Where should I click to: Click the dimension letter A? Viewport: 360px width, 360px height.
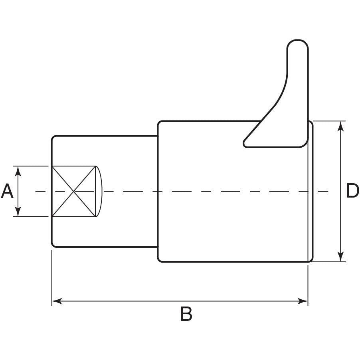pyautogui.click(x=7, y=192)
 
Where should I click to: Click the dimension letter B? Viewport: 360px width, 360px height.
pyautogui.click(x=186, y=315)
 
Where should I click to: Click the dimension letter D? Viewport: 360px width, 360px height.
pyautogui.click(x=352, y=192)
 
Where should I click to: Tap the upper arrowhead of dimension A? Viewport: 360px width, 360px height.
pyautogui.click(x=18, y=170)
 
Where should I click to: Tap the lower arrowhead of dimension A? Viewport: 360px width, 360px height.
pyautogui.click(x=18, y=213)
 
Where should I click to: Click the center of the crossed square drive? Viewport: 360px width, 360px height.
pyautogui.click(x=74, y=192)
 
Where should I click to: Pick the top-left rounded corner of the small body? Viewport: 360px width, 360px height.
pyautogui.click(x=53, y=138)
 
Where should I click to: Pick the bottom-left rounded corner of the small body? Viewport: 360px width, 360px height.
pyautogui.click(x=53, y=245)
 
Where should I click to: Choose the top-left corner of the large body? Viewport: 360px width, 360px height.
pyautogui.click(x=160, y=123)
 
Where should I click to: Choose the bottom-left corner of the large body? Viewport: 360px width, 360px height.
pyautogui.click(x=160, y=260)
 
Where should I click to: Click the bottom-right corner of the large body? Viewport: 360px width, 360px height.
pyautogui.click(x=311, y=260)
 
